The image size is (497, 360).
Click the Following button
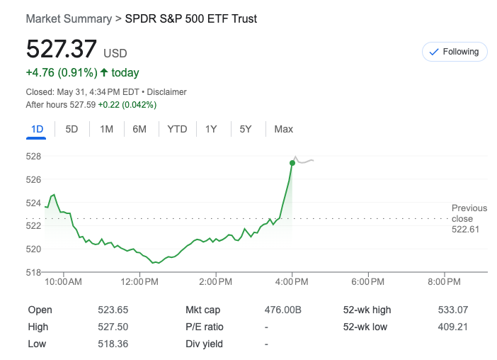(455, 52)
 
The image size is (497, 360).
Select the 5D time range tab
(72, 129)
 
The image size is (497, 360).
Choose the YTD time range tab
(177, 129)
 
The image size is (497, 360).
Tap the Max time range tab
(283, 129)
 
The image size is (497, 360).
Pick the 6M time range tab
(139, 129)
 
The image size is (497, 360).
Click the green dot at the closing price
(292, 163)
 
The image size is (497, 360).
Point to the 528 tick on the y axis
(33, 156)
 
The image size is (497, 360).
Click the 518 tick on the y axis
(33, 272)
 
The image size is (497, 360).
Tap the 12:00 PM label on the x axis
(140, 282)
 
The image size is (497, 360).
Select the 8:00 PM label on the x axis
(445, 282)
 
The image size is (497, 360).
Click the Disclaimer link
(166, 92)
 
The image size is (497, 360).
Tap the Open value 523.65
(113, 310)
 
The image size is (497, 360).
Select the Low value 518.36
(113, 344)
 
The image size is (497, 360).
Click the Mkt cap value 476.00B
(282, 310)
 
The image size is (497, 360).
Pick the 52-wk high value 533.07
(452, 310)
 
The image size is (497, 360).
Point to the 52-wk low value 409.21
(452, 327)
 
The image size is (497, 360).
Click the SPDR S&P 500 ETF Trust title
(190, 18)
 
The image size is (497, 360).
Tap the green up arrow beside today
(104, 72)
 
